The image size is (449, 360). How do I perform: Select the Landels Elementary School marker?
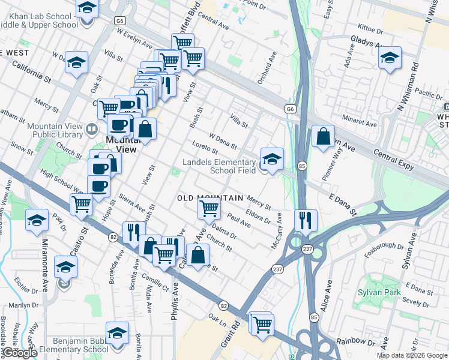[x=272, y=160]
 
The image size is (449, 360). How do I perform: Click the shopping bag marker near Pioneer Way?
[x=324, y=137]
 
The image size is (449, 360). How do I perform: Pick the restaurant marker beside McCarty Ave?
[x=306, y=221]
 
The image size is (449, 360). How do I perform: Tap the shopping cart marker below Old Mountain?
[x=209, y=209]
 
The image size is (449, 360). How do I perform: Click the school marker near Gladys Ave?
[x=390, y=58]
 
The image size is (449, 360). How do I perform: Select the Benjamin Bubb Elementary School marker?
[x=117, y=334]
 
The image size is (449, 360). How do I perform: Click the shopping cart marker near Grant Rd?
[x=262, y=325]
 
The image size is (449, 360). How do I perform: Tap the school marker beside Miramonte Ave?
[x=65, y=268]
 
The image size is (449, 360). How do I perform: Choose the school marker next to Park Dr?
[x=37, y=221]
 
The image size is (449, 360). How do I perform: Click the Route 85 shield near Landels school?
[x=301, y=165]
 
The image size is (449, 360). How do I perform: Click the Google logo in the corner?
[x=20, y=353]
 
